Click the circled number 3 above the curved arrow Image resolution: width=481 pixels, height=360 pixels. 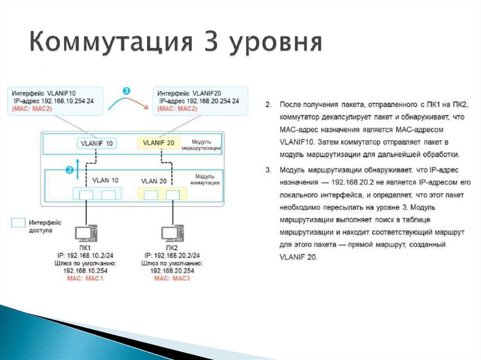125,90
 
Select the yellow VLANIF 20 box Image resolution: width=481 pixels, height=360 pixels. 158,143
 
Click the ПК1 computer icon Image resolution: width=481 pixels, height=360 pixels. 86,233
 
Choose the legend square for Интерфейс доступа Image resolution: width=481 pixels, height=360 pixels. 18,223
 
